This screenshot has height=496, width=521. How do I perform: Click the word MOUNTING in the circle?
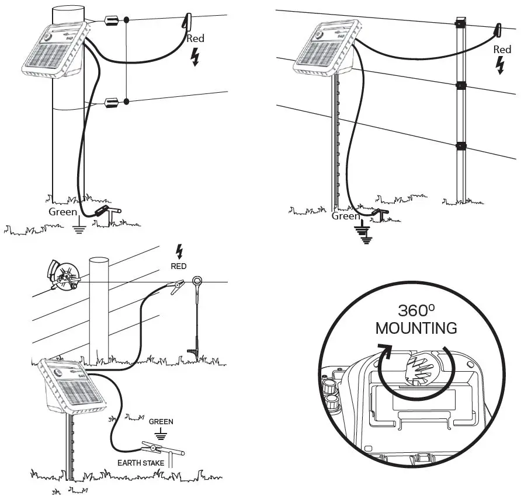(x=416, y=328)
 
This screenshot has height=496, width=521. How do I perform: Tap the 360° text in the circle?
(x=415, y=310)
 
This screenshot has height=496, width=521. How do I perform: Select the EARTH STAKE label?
(x=141, y=463)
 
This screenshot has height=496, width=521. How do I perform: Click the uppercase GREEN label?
(x=161, y=421)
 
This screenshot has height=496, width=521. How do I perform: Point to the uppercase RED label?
(x=179, y=266)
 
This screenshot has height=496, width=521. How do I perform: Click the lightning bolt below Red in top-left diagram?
(x=196, y=57)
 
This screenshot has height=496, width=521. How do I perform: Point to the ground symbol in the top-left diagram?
(x=78, y=228)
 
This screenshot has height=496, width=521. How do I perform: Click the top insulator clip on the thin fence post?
(x=461, y=25)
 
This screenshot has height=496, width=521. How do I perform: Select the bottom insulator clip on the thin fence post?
(x=461, y=145)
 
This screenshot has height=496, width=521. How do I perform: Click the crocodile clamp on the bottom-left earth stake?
(x=153, y=449)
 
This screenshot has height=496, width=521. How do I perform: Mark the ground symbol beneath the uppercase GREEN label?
(x=161, y=435)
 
